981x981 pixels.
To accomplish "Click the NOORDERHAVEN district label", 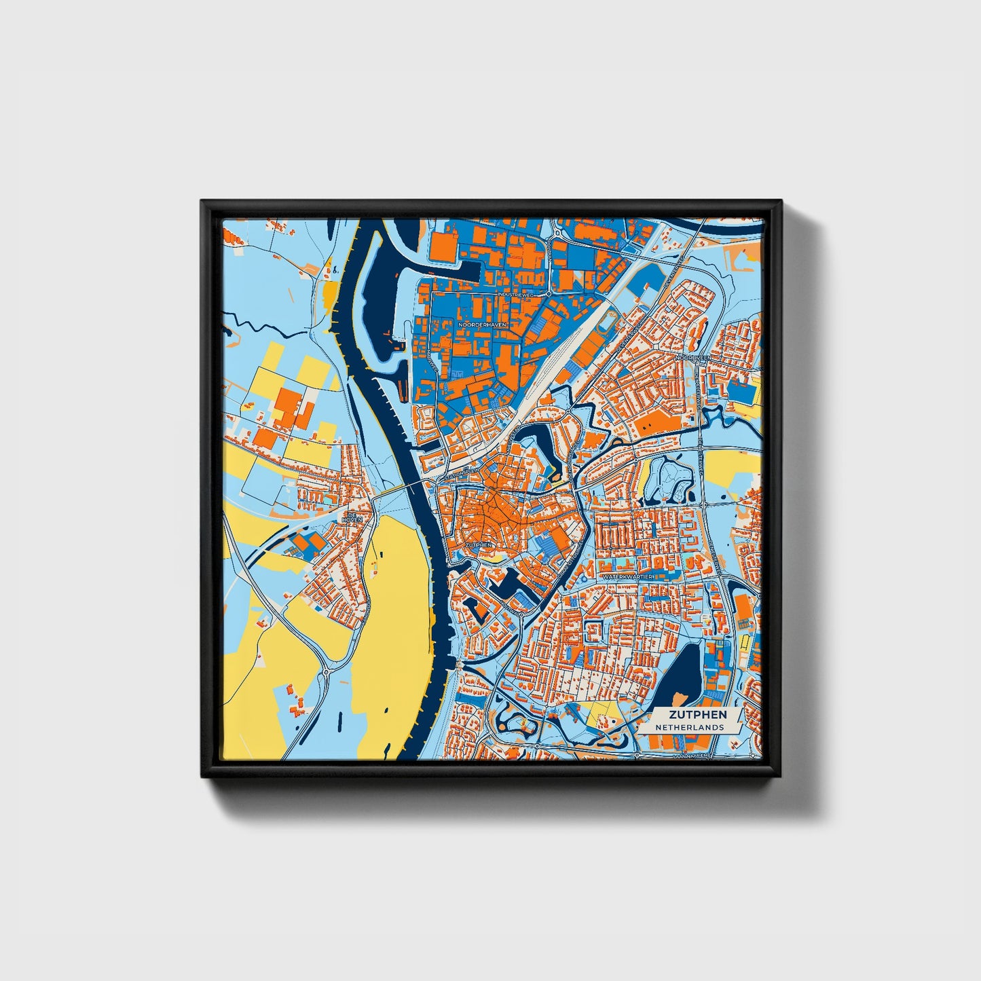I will pyautogui.click(x=482, y=325).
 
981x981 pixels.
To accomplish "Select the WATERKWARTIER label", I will pyautogui.click(x=627, y=576).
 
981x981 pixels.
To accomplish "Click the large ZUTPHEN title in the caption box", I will pyautogui.click(x=697, y=714).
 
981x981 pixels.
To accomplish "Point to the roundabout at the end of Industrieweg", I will pyautogui.click(x=549, y=295).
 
